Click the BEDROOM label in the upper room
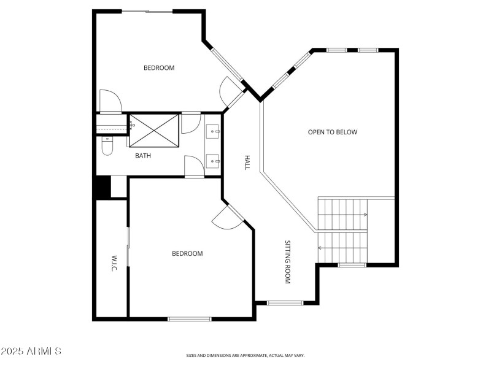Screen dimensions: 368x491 [x=159, y=68]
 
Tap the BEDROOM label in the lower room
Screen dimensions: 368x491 [x=187, y=253]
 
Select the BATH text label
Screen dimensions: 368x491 [x=143, y=156]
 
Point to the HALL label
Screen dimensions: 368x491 [x=247, y=162]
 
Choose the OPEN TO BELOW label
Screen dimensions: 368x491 [x=333, y=132]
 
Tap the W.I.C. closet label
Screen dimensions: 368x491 [x=114, y=264]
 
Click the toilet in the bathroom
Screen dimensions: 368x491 [x=107, y=145]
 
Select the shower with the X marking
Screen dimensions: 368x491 [x=154, y=130]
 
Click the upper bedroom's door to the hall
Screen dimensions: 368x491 [x=232, y=92]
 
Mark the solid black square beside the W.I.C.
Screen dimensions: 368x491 [x=102, y=187]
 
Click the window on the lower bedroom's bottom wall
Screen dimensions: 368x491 [x=190, y=318]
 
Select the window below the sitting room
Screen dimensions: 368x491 [x=285, y=302]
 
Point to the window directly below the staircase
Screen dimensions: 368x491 [x=352, y=265]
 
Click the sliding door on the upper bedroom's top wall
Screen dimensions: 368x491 [x=147, y=11]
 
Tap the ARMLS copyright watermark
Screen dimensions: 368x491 [x=31, y=351]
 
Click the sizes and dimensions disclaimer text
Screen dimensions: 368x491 [x=245, y=355]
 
